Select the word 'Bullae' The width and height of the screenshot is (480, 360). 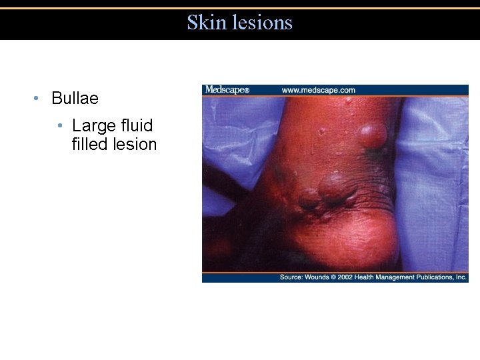pyautogui.click(x=75, y=99)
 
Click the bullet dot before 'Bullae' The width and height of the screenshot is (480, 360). pyautogui.click(x=36, y=99)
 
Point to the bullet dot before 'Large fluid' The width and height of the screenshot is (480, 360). pyautogui.click(x=60, y=126)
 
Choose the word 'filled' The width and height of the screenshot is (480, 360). pyautogui.click(x=90, y=144)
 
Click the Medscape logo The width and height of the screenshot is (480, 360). pyautogui.click(x=227, y=90)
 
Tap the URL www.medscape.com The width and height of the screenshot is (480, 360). pyautogui.click(x=318, y=90)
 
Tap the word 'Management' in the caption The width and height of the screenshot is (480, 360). pyautogui.click(x=412, y=277)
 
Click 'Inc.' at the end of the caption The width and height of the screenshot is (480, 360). pyautogui.click(x=461, y=277)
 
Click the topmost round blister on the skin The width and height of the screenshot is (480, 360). pyautogui.click(x=371, y=135)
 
